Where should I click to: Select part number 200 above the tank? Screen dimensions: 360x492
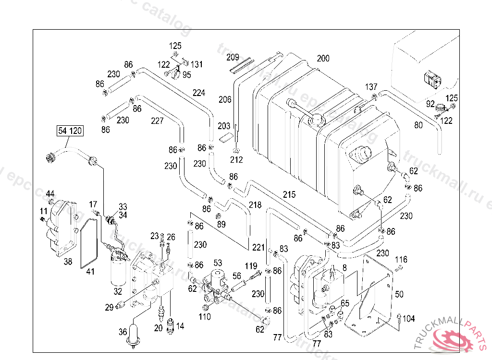323,59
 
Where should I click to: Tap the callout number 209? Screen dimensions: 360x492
233,58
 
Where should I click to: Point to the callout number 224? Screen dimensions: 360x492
199,93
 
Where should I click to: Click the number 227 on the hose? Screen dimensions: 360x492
157,121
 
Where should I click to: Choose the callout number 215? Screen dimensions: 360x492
289,195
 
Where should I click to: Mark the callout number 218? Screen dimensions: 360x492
255,205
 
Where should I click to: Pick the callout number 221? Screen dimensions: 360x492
258,248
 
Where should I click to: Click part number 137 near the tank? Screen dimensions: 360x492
371,87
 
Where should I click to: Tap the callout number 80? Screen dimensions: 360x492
418,126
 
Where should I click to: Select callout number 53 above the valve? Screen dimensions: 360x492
218,263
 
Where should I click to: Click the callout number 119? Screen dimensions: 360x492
251,266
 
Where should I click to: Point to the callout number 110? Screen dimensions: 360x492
205,317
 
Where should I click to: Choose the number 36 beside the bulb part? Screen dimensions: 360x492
123,332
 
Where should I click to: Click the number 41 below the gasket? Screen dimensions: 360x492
90,272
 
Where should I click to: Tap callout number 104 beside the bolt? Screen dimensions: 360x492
408,319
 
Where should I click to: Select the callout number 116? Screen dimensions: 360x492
401,260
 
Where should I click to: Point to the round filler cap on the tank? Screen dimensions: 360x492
317,120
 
